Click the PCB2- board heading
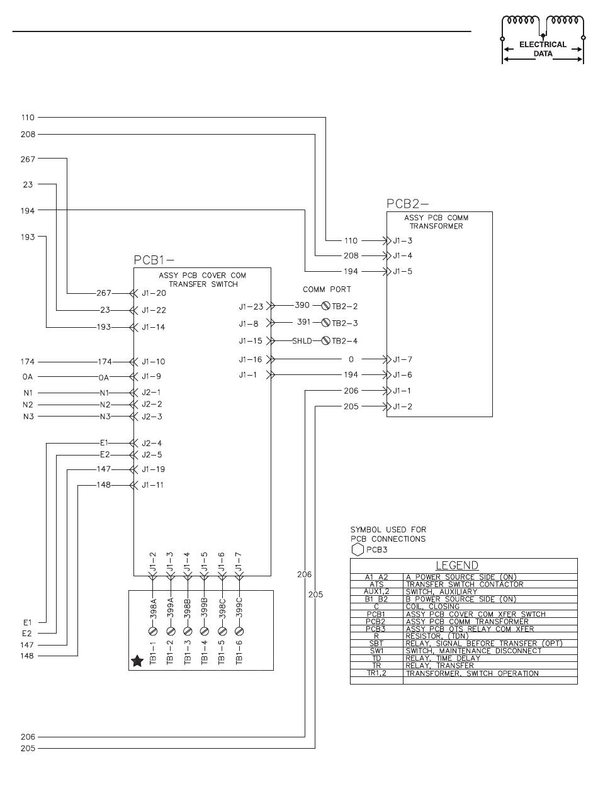(407, 204)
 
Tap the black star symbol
(137, 661)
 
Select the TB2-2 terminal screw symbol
(326, 306)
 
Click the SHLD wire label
(302, 341)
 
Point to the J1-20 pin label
(154, 293)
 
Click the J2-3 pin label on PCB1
(152, 417)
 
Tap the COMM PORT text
(327, 289)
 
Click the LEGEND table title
(458, 566)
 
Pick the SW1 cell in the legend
(376, 651)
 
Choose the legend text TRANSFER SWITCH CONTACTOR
(465, 585)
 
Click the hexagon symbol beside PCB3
(357, 549)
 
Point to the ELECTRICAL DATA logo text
(543, 49)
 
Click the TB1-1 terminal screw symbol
(153, 630)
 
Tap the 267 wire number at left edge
(28, 159)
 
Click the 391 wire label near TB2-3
(304, 323)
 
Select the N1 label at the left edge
(28, 392)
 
